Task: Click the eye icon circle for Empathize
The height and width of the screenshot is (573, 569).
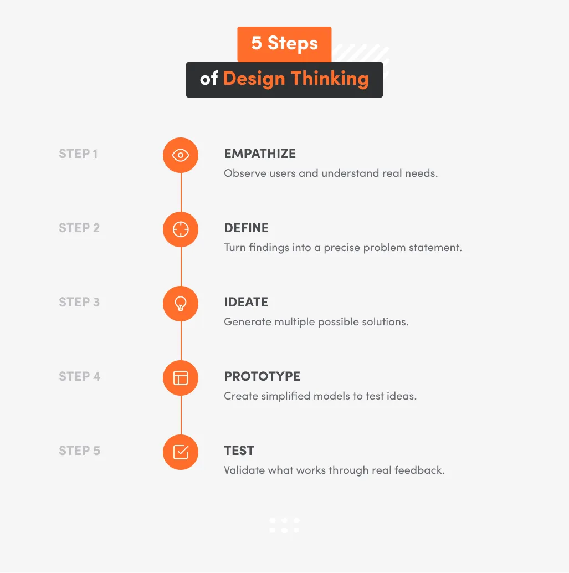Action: click(x=181, y=155)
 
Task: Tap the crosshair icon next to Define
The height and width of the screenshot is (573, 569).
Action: click(x=181, y=229)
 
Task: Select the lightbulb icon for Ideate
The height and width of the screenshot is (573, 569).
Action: click(x=181, y=304)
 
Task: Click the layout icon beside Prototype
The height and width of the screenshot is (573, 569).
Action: click(x=181, y=378)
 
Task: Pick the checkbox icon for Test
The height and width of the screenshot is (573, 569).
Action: click(x=181, y=452)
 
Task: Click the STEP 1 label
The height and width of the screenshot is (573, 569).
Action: click(x=78, y=154)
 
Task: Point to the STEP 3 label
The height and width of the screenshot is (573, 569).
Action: click(x=79, y=303)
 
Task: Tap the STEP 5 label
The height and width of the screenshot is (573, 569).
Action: click(x=79, y=451)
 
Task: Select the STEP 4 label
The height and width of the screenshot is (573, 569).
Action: click(x=79, y=377)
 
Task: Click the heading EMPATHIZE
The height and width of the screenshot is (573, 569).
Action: click(x=260, y=154)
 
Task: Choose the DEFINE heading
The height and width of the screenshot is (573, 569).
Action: click(x=246, y=228)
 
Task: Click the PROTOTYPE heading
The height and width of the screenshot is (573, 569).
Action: click(x=262, y=377)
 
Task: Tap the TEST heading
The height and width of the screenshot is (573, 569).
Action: click(x=239, y=451)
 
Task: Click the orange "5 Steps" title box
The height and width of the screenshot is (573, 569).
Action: click(x=284, y=44)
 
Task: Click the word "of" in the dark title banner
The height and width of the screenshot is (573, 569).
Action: click(x=209, y=79)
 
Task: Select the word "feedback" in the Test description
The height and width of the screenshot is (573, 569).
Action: click(x=419, y=470)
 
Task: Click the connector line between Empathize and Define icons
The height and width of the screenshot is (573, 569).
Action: click(x=181, y=192)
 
